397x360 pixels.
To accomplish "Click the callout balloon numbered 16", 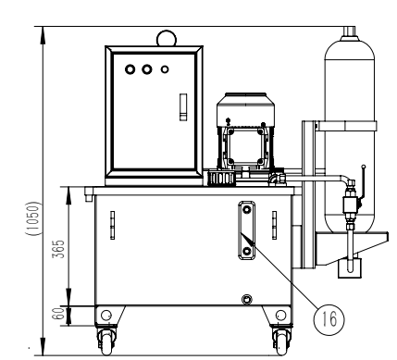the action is click(x=329, y=318).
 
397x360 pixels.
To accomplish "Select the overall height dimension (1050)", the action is click(x=33, y=219).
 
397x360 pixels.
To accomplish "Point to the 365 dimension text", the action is click(x=58, y=249).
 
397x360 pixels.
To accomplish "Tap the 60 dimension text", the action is click(x=59, y=314).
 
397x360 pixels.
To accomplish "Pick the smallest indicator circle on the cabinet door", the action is click(x=165, y=69).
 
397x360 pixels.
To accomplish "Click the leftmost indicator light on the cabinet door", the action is click(x=130, y=69).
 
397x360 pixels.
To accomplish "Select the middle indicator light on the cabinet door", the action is click(x=147, y=69).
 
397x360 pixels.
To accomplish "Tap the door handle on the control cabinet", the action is click(x=183, y=107).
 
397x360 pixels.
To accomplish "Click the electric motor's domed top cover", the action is click(x=245, y=109).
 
